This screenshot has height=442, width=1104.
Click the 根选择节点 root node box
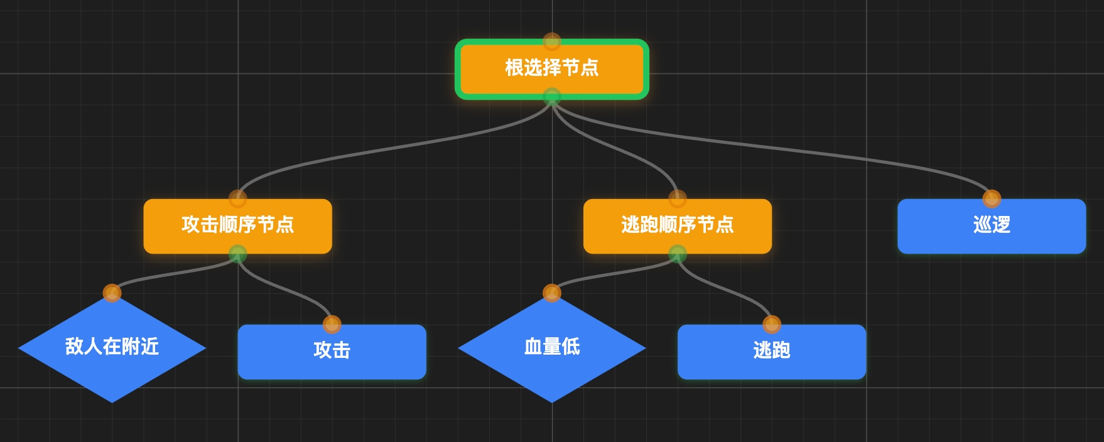pos(551,68)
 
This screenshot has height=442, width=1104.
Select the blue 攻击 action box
pos(332,352)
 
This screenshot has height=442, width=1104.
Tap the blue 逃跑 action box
pos(771,352)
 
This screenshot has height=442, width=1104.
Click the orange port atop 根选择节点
pos(551,41)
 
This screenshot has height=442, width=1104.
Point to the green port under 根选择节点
pos(551,96)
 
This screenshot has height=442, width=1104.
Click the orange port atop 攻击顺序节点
pos(237,198)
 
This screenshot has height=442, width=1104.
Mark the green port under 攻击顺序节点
pos(237,254)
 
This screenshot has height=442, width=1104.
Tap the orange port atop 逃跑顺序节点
pos(677,198)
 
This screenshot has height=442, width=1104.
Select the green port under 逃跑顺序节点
pos(677,254)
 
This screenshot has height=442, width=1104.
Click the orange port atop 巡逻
pos(991,198)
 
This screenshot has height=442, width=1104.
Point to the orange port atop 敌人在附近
pos(112,293)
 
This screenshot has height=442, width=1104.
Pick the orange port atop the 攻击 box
pos(332,324)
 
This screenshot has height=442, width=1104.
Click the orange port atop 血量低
pos(551,293)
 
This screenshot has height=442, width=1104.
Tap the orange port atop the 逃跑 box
pos(771,324)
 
